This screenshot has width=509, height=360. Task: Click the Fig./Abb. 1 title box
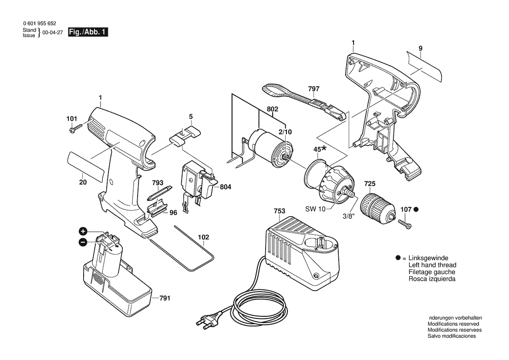pos(88,32)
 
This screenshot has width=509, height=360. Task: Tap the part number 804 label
pos(225,187)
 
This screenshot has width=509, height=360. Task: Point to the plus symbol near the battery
pos(83,231)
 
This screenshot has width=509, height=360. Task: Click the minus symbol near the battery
pos(83,242)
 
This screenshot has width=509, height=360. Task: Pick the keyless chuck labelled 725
pos(378,207)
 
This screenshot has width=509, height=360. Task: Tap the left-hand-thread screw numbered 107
pos(405,224)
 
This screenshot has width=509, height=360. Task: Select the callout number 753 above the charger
pos(280,211)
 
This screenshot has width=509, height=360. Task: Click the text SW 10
pos(315,209)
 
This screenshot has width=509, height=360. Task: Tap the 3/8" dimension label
pos(348,216)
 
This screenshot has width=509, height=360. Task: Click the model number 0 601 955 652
pos(40,24)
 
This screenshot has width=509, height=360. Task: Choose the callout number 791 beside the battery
pos(165,298)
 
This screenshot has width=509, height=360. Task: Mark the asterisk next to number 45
pos(325,149)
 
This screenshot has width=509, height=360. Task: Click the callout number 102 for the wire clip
pos(203,238)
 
